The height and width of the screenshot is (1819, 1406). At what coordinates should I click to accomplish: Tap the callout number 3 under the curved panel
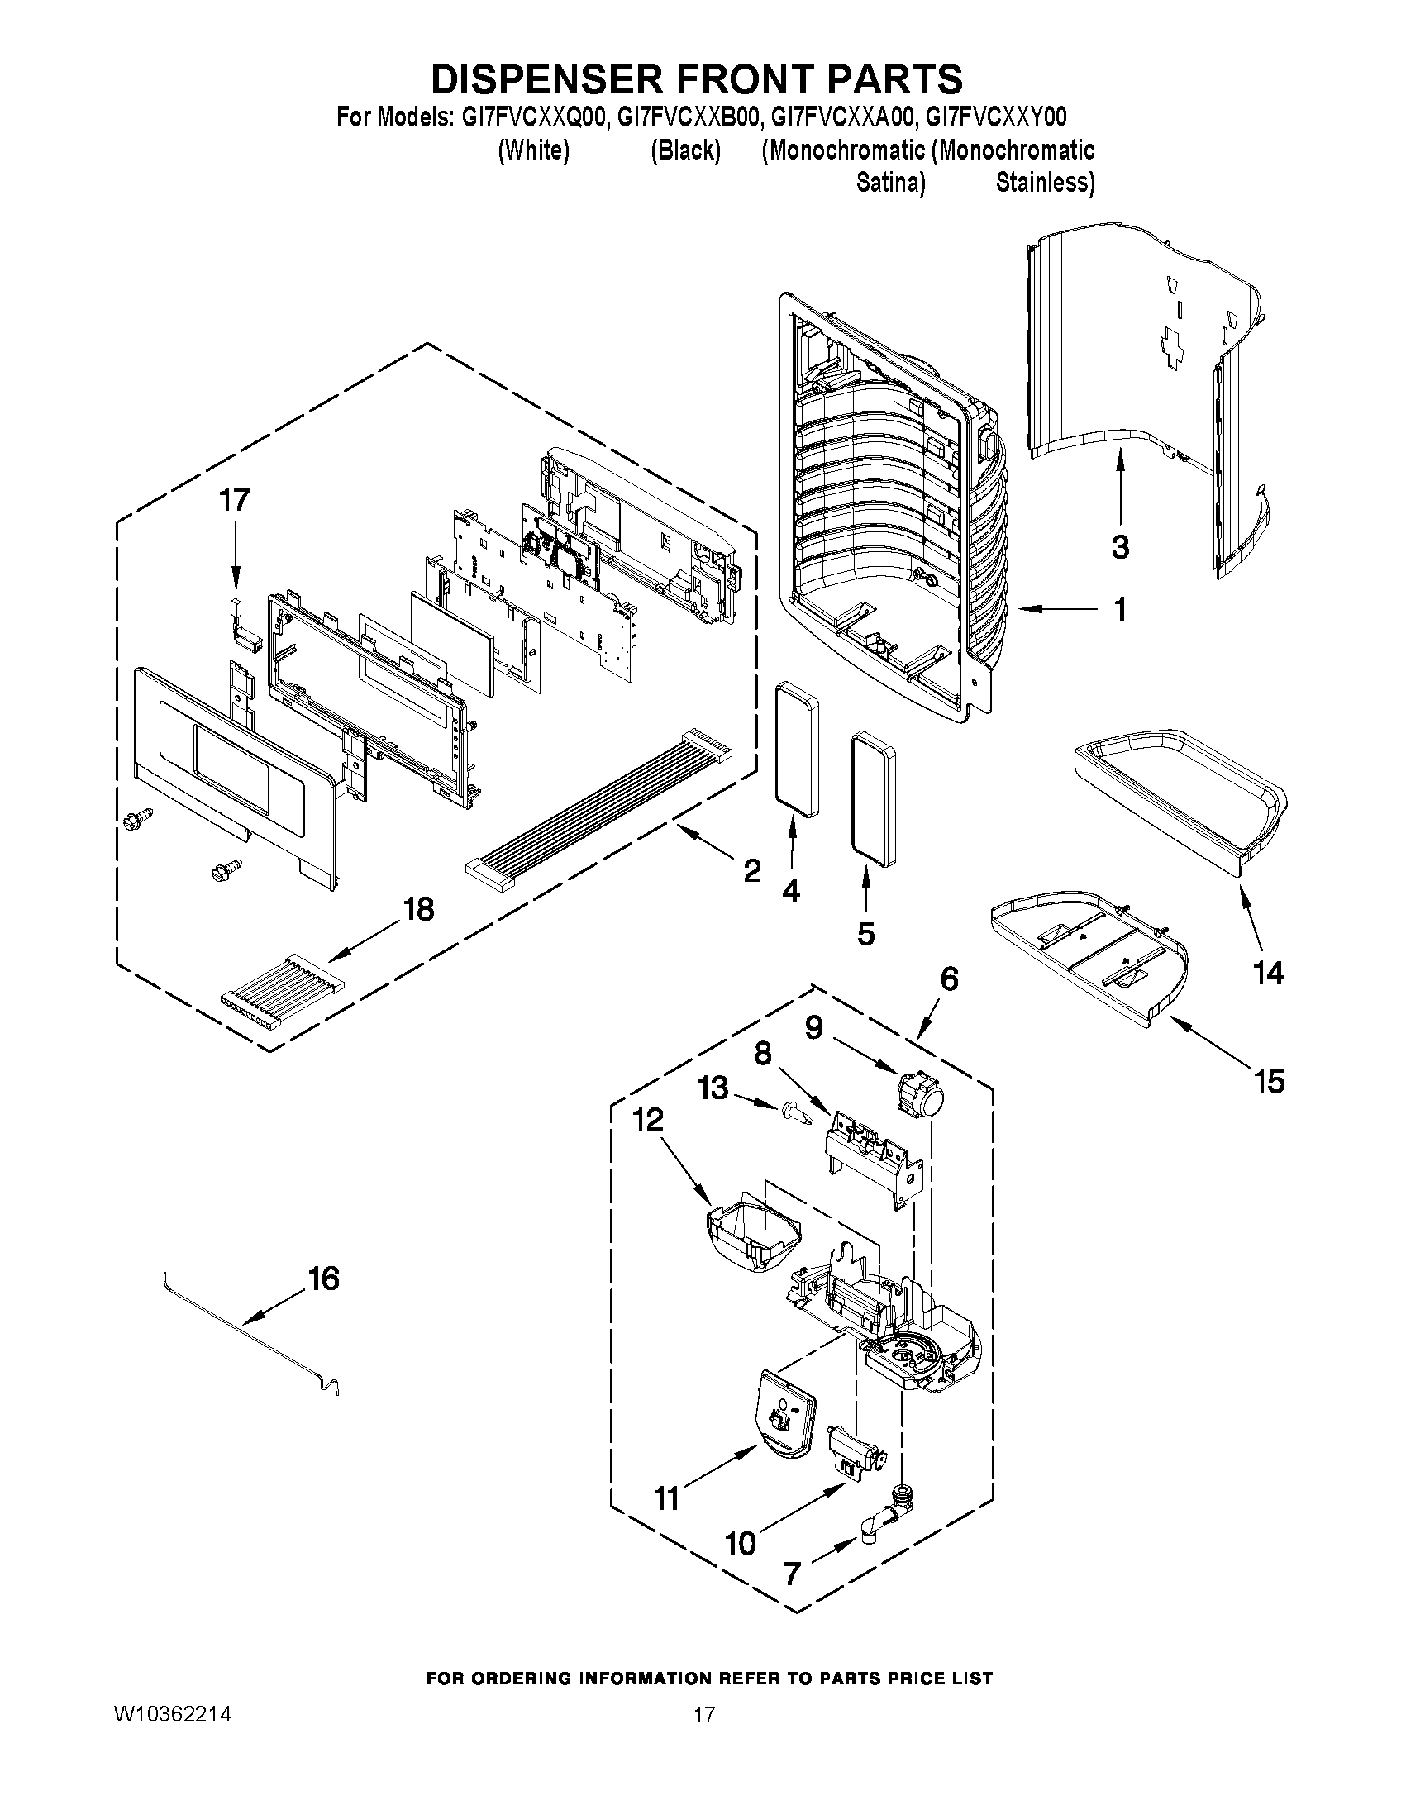pyautogui.click(x=1120, y=547)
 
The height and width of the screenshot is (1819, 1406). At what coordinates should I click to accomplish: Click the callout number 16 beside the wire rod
pyautogui.click(x=323, y=1279)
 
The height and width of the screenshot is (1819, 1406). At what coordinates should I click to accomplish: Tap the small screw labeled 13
pyautogui.click(x=794, y=1112)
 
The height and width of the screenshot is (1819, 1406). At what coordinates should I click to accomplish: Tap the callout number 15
pyautogui.click(x=1270, y=1082)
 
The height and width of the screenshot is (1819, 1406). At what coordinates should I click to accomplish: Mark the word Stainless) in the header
pyautogui.click(x=1045, y=182)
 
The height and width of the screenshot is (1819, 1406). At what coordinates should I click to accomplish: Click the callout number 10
pyautogui.click(x=741, y=1543)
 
